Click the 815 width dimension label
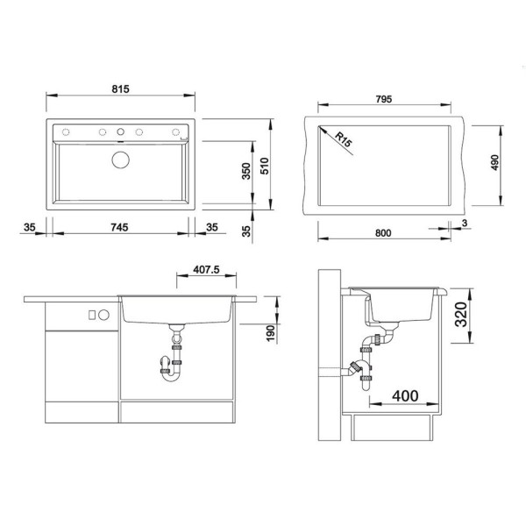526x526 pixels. pyautogui.click(x=120, y=89)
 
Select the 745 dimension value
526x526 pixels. pyautogui.click(x=119, y=227)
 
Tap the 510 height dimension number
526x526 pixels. pyautogui.click(x=265, y=166)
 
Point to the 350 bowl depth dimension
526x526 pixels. pyautogui.click(x=246, y=171)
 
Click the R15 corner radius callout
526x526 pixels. pyautogui.click(x=344, y=140)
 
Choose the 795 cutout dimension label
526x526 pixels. pyautogui.click(x=384, y=99)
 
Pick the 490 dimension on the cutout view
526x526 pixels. pyautogui.click(x=494, y=162)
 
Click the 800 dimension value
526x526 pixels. pyautogui.click(x=383, y=233)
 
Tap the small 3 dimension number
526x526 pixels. pyautogui.click(x=465, y=223)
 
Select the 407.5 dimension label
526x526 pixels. pyautogui.click(x=206, y=270)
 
